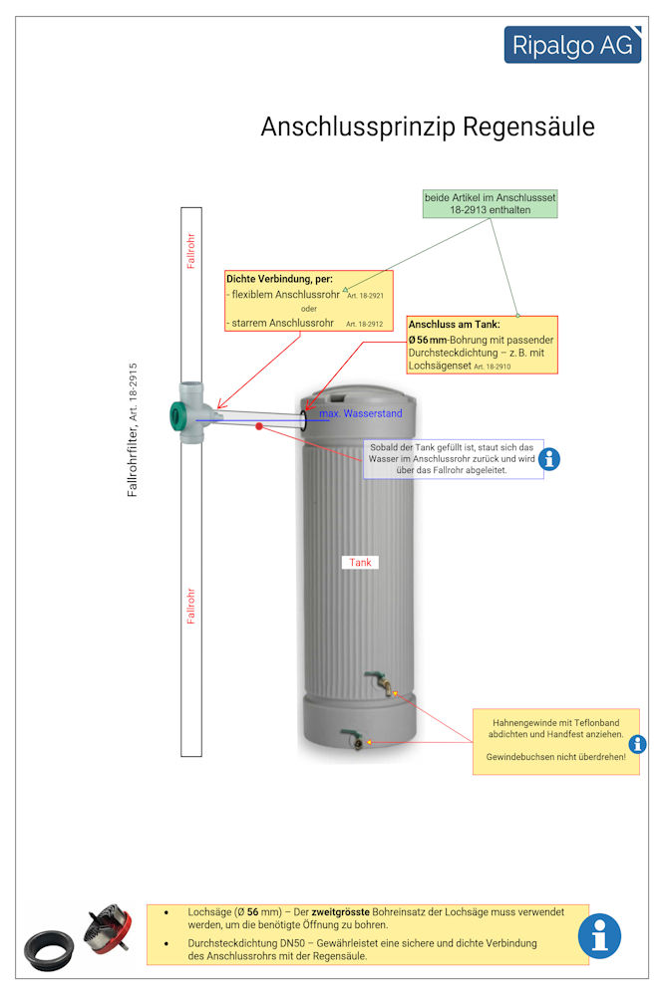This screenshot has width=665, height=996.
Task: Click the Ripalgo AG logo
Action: click(571, 45)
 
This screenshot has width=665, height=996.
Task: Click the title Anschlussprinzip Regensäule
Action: click(428, 127)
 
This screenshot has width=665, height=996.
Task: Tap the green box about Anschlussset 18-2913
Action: click(491, 204)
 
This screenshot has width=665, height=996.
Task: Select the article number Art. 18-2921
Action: click(366, 297)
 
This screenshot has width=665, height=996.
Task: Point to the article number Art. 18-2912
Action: click(364, 325)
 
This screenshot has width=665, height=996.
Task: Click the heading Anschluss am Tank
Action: click(454, 325)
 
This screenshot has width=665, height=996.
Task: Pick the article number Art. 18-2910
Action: click(493, 368)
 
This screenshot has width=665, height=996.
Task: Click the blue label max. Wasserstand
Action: click(361, 413)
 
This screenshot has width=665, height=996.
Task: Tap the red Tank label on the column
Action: click(360, 563)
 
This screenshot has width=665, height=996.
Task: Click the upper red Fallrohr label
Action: click(191, 252)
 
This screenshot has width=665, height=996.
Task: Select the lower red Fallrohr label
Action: click(191, 607)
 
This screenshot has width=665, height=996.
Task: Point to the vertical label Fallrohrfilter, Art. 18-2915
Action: click(133, 429)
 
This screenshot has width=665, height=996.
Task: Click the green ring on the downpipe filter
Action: click(180, 414)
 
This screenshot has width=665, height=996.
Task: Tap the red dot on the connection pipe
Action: click(259, 426)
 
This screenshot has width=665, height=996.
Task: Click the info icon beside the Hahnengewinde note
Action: click(637, 744)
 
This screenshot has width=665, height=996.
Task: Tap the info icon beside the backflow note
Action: click(549, 459)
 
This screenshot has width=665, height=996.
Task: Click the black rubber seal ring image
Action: click(49, 950)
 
